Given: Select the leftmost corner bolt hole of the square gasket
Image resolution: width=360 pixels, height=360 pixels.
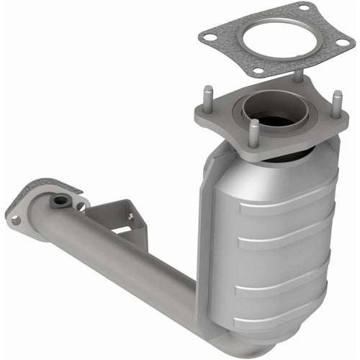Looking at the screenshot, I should click(x=211, y=34).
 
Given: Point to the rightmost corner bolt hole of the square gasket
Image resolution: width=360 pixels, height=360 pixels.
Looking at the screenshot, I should click(x=341, y=42).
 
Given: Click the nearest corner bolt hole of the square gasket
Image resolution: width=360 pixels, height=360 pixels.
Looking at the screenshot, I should click(x=257, y=71).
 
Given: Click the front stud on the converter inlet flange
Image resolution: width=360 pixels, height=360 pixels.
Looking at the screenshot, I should click(x=253, y=132).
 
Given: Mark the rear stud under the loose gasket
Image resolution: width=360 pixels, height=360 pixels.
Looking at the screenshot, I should click(x=297, y=76).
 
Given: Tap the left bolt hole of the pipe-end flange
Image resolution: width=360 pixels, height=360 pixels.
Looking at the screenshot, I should click(x=16, y=220).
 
